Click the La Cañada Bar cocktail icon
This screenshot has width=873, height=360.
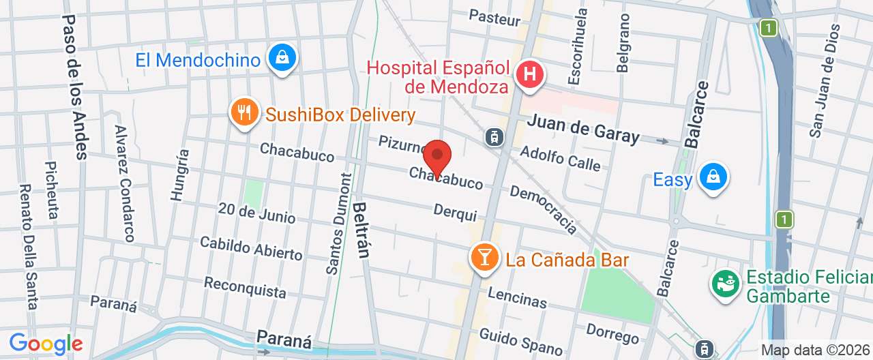click(484, 258)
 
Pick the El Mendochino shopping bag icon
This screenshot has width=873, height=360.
click(282, 59)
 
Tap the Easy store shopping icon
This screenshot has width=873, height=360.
click(713, 177)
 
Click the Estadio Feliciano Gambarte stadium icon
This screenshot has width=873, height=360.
click(725, 283)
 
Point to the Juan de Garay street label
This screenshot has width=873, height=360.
click(584, 130)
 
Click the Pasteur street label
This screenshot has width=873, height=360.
click(494, 18)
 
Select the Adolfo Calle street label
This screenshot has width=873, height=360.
click(560, 157)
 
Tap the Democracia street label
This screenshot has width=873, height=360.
click(544, 208)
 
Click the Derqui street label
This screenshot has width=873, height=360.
click(455, 213)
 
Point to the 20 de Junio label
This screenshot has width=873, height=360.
click(256, 213)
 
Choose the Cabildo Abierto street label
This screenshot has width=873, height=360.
click(251, 248)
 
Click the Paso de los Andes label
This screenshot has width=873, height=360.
click(76, 87)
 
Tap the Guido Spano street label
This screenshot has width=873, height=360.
click(521, 342)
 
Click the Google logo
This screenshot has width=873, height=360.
click(46, 344)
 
